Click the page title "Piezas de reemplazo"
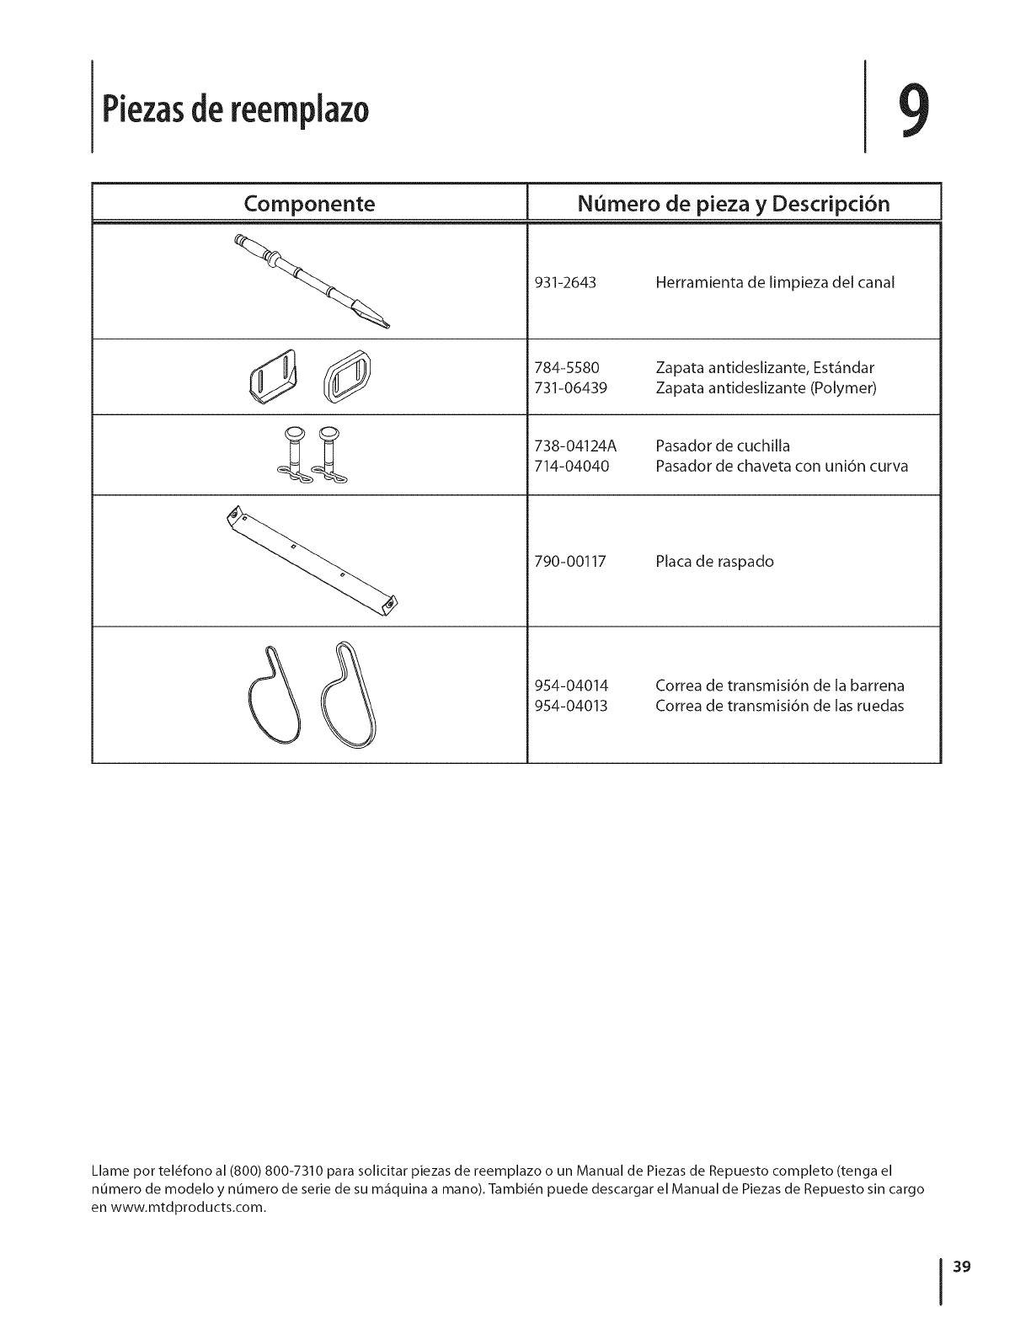point(235,110)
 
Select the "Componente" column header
point(309,204)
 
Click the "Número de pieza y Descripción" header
point(733,204)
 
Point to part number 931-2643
point(565,283)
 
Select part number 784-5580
point(566,368)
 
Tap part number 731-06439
point(570,388)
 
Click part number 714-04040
point(571,466)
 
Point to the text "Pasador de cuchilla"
point(723,446)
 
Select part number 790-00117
point(570,562)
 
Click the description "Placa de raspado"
point(714,562)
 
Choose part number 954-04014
point(571,686)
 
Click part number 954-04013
point(571,706)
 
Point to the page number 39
point(963,1266)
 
